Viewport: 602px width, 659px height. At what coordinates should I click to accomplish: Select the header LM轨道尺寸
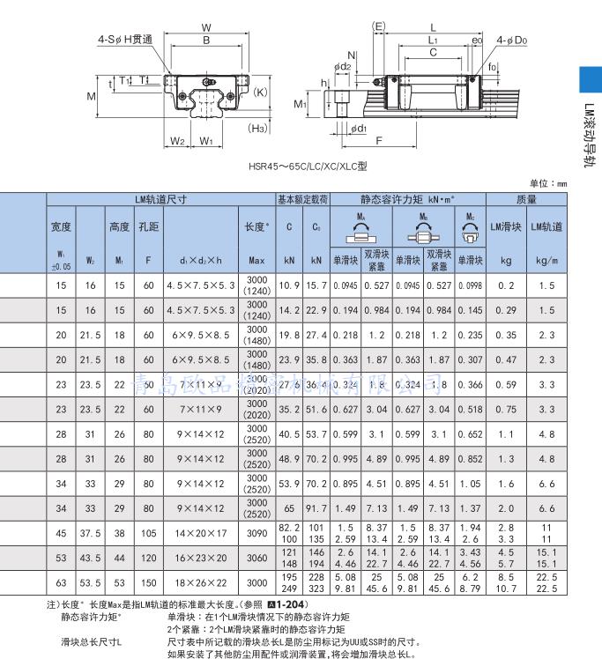click(160, 200)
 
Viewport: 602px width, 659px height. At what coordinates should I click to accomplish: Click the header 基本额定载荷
click(302, 200)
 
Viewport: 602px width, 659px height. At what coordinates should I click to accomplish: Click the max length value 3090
click(256, 533)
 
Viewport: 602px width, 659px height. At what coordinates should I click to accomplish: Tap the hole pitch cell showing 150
click(148, 583)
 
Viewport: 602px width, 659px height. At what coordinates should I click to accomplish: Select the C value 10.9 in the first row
click(289, 285)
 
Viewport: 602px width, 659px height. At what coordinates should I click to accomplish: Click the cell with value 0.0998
click(472, 285)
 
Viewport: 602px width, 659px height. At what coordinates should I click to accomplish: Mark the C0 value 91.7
click(316, 508)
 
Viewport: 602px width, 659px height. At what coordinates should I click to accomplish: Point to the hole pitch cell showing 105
click(148, 533)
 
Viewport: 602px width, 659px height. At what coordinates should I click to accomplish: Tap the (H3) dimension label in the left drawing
click(257, 129)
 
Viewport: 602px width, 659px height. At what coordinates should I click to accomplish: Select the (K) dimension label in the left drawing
click(260, 91)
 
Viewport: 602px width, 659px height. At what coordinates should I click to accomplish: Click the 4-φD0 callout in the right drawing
click(511, 40)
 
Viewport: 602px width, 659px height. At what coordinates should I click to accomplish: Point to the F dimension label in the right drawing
click(378, 140)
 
